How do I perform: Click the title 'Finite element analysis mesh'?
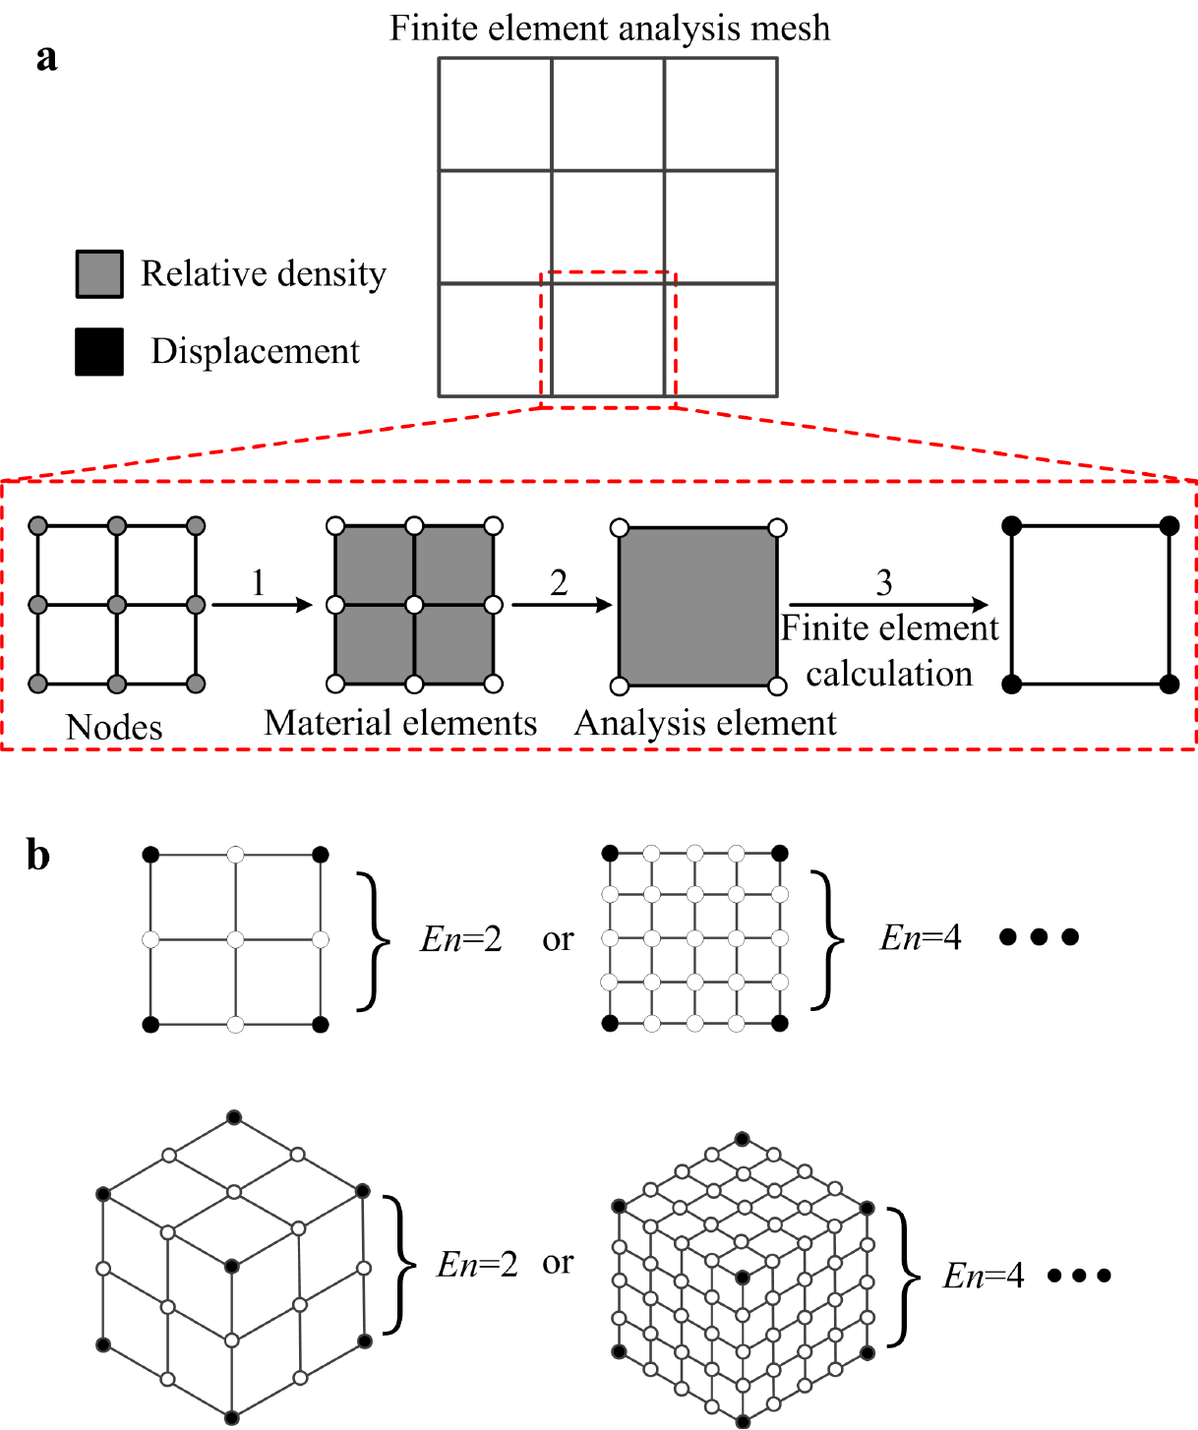pyautogui.click(x=610, y=28)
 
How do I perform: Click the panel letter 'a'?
pyautogui.click(x=46, y=57)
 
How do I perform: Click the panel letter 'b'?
pyautogui.click(x=38, y=855)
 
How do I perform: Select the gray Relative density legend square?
pyautogui.click(x=99, y=273)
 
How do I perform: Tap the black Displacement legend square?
pyautogui.click(x=99, y=352)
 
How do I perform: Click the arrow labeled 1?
pyautogui.click(x=262, y=605)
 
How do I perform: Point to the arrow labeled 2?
pyautogui.click(x=562, y=605)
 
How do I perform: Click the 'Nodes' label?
pyautogui.click(x=114, y=727)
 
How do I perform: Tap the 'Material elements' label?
pyautogui.click(x=400, y=723)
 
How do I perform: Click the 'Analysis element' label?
pyautogui.click(x=705, y=723)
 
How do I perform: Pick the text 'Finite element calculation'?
pyautogui.click(x=889, y=651)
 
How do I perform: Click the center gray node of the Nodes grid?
pyautogui.click(x=117, y=604)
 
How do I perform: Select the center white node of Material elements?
pyautogui.click(x=414, y=605)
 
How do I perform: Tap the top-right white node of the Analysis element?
pyautogui.click(x=777, y=528)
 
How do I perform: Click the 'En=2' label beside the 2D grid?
pyautogui.click(x=461, y=939)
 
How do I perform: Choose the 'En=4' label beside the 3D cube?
pyautogui.click(x=984, y=1276)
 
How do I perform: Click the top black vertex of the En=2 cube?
pyautogui.click(x=233, y=1116)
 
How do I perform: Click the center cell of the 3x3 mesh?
pyautogui.click(x=608, y=227)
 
